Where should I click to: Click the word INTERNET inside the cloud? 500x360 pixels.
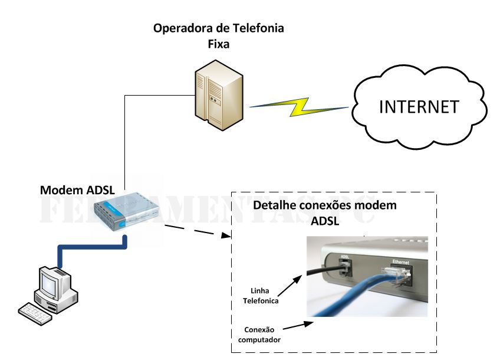tap(419, 107)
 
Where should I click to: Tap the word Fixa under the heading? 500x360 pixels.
tap(218, 44)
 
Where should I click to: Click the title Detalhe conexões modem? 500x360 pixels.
tap(324, 206)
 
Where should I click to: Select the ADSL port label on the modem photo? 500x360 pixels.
tap(346, 256)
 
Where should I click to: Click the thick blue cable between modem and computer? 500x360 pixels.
tap(88, 247)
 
